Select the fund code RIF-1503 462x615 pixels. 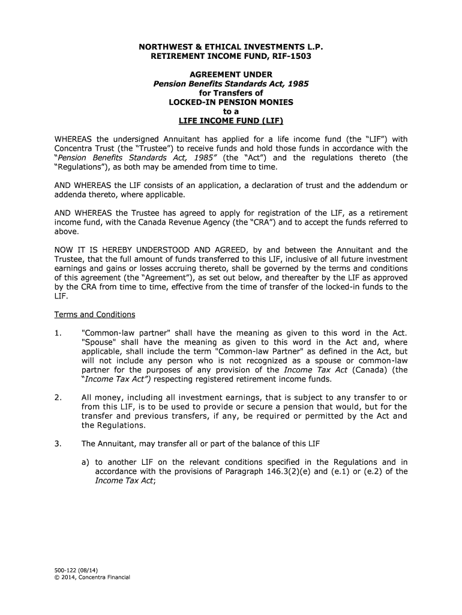pos(290,56)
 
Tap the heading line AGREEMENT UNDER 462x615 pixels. pos(231,74)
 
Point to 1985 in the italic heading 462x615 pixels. pos(298,84)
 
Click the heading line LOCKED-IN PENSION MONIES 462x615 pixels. pos(231,102)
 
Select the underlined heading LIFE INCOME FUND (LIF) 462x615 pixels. pos(231,121)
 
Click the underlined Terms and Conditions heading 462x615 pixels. pos(95,315)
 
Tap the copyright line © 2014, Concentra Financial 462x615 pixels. pos(92,578)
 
